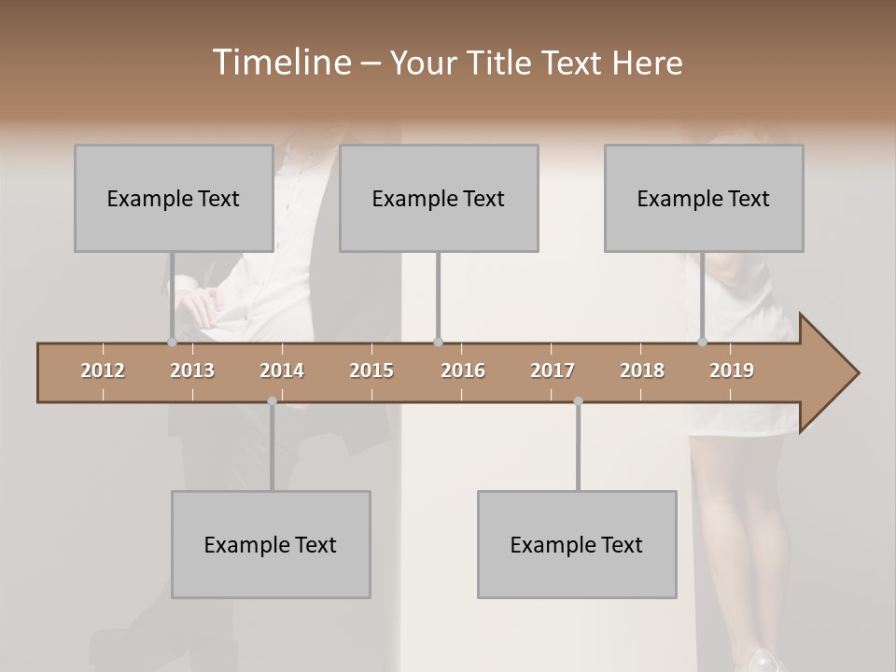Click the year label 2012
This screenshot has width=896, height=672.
[x=103, y=371]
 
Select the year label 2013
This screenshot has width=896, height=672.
[x=192, y=371]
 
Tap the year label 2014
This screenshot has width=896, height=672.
[x=282, y=371]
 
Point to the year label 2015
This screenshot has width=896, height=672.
[x=371, y=371]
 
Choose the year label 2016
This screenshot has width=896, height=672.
[x=463, y=371]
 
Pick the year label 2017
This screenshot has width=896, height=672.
[x=553, y=371]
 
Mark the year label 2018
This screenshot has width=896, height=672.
[x=642, y=371]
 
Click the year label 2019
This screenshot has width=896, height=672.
[x=732, y=371]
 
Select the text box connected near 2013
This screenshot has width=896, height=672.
[x=174, y=198]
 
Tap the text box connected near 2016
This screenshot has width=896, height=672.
[x=439, y=198]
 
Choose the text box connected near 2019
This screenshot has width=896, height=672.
[x=704, y=198]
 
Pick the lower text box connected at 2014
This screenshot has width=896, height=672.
[x=271, y=544]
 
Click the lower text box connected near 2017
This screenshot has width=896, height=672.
[x=577, y=544]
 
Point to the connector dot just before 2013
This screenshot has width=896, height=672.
[x=172, y=342]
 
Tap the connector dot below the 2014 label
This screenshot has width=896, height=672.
[x=272, y=401]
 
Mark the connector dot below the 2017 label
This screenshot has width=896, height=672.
[x=578, y=401]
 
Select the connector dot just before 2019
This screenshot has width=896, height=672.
[x=702, y=342]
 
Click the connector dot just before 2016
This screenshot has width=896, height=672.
[x=438, y=342]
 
